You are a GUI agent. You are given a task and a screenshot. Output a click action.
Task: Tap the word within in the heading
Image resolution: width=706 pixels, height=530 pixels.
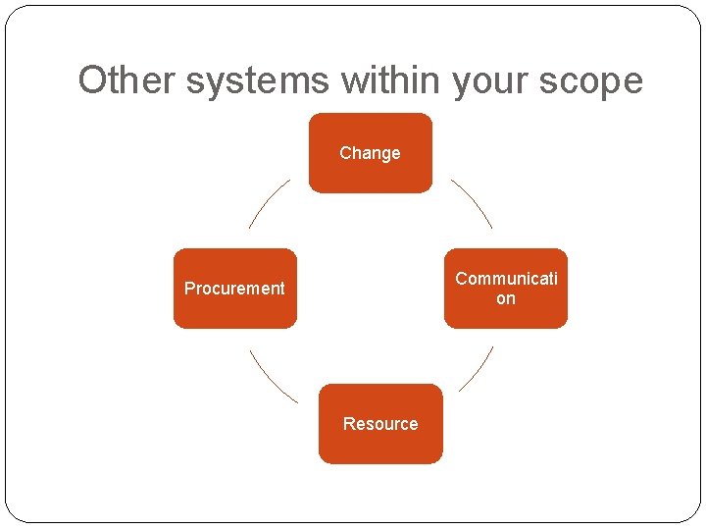393,79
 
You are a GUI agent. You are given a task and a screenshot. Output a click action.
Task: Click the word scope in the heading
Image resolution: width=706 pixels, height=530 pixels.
593,79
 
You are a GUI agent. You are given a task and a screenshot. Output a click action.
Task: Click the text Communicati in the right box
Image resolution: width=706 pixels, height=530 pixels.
506,279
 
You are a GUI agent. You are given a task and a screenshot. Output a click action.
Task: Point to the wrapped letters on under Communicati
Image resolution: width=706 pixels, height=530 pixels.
505,298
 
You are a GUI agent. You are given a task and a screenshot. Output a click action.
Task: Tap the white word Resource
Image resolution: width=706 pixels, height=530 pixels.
380,424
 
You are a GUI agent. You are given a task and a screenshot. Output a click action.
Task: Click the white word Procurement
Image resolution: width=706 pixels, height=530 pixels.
234,289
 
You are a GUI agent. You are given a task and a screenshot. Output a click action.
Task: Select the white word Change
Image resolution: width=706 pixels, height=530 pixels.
370,153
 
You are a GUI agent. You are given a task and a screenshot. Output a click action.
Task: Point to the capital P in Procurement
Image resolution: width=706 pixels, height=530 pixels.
189,289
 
